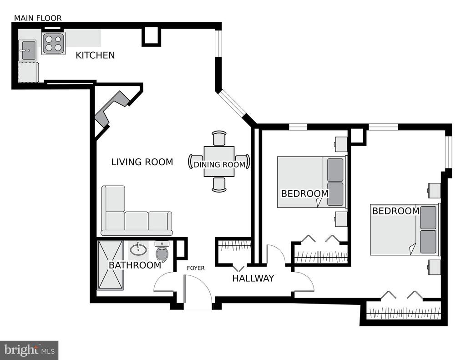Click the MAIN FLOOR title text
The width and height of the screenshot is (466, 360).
pos(38,18)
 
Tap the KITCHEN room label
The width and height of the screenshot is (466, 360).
pos(95,55)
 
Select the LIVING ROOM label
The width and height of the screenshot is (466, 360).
pos(142,162)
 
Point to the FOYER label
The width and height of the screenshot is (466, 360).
pos(196,268)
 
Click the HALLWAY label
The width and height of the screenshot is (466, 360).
pos(253,278)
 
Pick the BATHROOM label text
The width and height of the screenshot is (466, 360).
pos(135,265)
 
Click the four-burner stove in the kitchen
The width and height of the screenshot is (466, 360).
pos(54,43)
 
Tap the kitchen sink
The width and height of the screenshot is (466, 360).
pos(27,50)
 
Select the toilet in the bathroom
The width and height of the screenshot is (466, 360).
pos(162,250)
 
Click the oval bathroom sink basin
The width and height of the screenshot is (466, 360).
pos(138,249)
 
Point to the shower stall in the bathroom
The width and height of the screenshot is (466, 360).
pos(110,265)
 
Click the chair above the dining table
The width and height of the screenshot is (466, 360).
pos(219,138)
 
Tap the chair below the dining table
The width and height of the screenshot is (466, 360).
pos(219,185)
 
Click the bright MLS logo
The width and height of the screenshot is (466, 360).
pos(29,350)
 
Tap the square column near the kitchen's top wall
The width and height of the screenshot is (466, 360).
pos(151,36)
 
